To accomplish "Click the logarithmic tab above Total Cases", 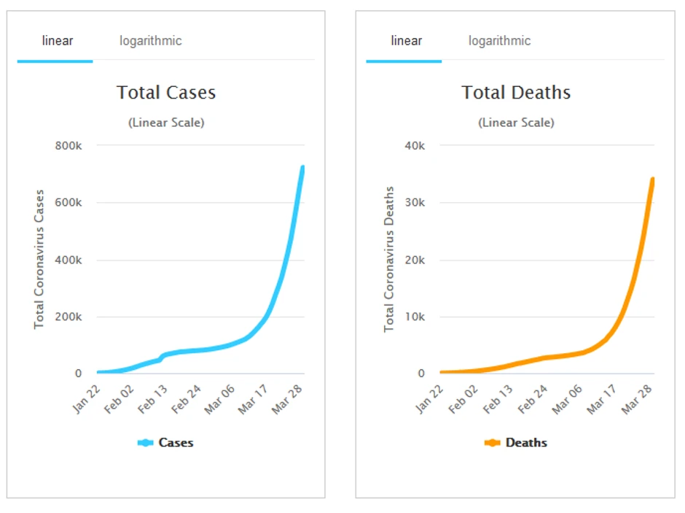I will pyautogui.click(x=150, y=41).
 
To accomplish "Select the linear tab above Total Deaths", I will pyautogui.click(x=406, y=41).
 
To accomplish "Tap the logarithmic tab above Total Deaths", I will pyautogui.click(x=499, y=41).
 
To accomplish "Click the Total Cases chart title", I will pyautogui.click(x=166, y=93).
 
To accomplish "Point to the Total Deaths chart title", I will pyautogui.click(x=516, y=93).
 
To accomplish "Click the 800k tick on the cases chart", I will pyautogui.click(x=68, y=146).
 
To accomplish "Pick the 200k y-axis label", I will pyautogui.click(x=68, y=317).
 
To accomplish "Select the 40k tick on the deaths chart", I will pyautogui.click(x=415, y=146).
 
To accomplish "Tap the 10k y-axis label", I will pyautogui.click(x=415, y=317).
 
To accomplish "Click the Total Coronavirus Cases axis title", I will pyautogui.click(x=39, y=259).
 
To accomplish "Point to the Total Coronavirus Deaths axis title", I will pyautogui.click(x=389, y=259).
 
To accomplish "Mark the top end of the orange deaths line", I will pyautogui.click(x=652, y=180).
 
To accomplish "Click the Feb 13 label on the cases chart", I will pyautogui.click(x=152, y=396).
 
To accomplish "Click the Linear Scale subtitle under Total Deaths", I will pyautogui.click(x=516, y=123).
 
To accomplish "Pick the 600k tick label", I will pyautogui.click(x=68, y=203).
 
